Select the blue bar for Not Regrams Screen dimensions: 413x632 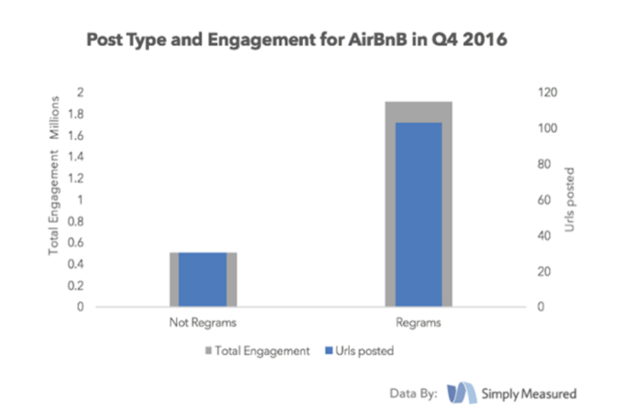click(203, 279)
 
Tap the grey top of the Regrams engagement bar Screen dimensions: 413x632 click(419, 112)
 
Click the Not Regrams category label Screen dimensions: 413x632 click(203, 323)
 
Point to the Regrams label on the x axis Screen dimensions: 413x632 click(419, 323)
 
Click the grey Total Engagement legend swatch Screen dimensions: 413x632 click(207, 351)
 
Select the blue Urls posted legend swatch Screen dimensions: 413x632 click(328, 351)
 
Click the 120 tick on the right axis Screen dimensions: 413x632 click(547, 93)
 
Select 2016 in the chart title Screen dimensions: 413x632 click(484, 40)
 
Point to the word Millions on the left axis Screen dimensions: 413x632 click(54, 117)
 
